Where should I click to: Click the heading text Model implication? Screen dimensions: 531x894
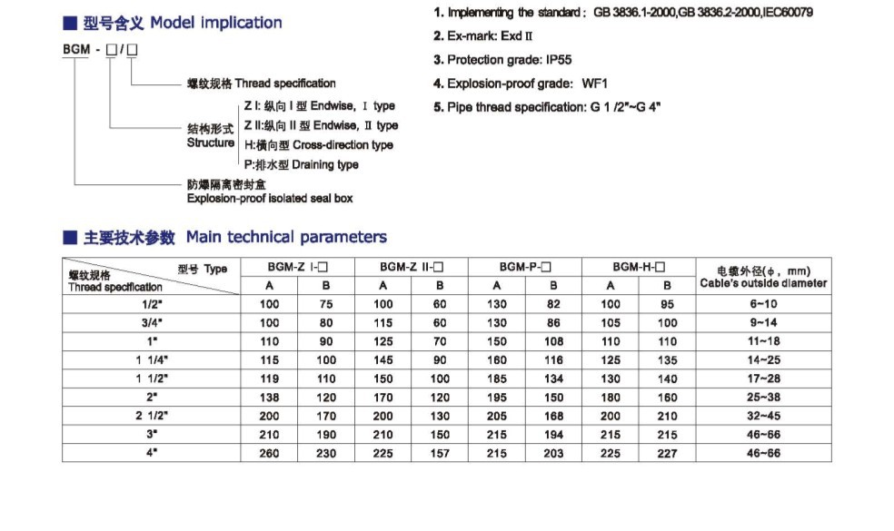coord(215,23)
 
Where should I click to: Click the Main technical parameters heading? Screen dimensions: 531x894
coord(286,237)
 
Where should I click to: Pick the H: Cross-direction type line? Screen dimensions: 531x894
coord(318,145)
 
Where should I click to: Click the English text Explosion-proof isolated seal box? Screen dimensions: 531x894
coord(270,198)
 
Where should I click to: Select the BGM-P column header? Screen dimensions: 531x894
coord(526,268)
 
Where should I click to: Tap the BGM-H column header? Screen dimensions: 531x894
coord(639,268)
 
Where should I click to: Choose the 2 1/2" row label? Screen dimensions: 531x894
coord(152,416)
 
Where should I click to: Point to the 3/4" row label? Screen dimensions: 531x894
coord(152,322)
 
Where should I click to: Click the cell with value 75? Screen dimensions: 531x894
coord(326,304)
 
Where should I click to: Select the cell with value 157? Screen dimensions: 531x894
coord(440,453)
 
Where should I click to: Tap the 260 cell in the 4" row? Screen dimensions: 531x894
coord(270,453)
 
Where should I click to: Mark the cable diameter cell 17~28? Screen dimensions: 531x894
coord(763,379)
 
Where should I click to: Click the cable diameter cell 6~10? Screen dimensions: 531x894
coord(763,304)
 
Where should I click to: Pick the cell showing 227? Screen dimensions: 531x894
coord(667,453)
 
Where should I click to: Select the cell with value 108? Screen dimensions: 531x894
coord(554,341)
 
